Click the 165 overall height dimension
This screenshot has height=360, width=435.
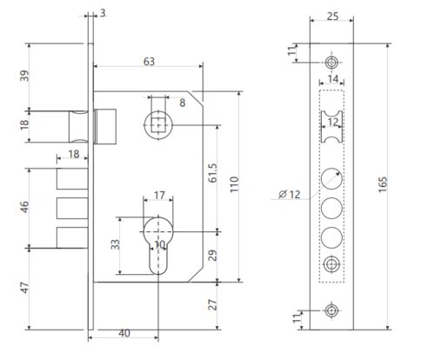tap(383, 184)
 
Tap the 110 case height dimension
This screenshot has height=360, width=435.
tap(234, 184)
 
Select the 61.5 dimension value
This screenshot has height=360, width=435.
tap(212, 173)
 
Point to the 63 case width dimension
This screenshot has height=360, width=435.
tap(149, 62)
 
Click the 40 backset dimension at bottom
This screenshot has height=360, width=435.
tap(124, 333)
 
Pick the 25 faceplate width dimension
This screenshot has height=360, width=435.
tap(332, 17)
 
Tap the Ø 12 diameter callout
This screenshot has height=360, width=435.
tap(290, 194)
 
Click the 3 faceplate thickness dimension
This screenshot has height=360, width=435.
tap(103, 13)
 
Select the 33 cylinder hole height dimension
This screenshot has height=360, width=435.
tap(116, 244)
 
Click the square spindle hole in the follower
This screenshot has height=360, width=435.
tap(158, 125)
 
